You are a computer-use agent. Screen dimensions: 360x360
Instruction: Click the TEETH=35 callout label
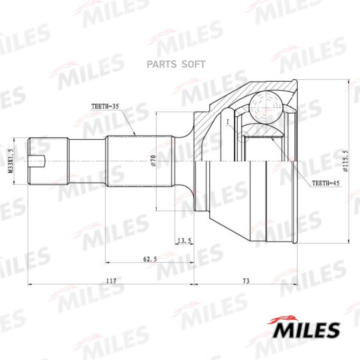[105, 106]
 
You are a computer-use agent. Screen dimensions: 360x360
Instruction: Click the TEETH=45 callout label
[325, 183]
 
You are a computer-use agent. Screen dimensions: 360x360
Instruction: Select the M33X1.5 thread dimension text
[10, 161]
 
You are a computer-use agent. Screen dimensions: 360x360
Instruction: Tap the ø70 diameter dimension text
[153, 161]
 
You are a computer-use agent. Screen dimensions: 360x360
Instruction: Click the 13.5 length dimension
[184, 240]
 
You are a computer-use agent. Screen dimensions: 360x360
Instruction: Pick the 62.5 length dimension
[150, 259]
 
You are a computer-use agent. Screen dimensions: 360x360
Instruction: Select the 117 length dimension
[111, 280]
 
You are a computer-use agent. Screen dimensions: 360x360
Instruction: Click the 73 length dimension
[246, 280]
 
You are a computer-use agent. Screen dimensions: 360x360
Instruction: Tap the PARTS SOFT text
[176, 64]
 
